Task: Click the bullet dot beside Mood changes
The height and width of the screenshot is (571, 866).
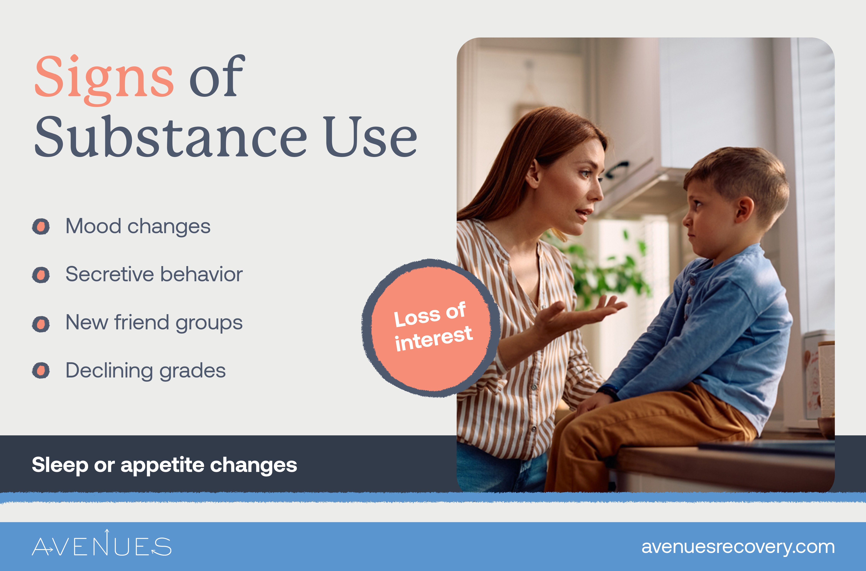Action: tap(41, 226)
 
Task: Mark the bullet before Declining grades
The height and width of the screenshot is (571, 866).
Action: tap(41, 371)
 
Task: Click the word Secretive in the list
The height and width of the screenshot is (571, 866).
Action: tap(110, 274)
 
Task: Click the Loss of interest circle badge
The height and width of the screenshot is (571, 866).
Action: tap(431, 328)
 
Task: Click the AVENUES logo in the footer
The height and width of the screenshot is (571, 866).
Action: tap(102, 545)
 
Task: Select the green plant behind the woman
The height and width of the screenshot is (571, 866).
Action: tap(604, 270)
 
